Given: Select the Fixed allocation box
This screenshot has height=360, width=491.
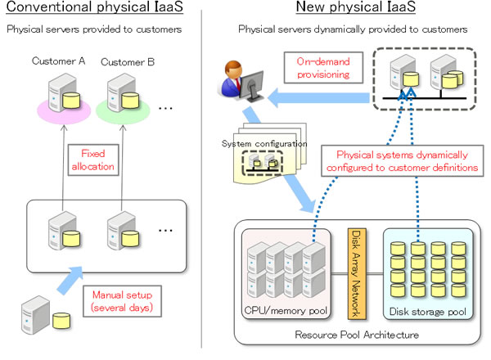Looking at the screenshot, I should [x=96, y=160].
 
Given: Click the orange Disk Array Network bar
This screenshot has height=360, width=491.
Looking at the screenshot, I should [x=355, y=271].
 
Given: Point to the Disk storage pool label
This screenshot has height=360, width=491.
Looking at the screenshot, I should [x=420, y=311].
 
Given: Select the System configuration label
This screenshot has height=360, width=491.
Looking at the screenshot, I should [x=264, y=144].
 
